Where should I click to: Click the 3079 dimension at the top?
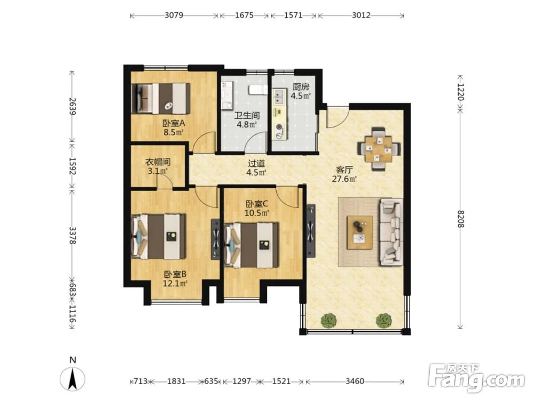[174, 15]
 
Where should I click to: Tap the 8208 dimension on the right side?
[460, 219]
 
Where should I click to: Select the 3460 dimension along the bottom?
[355, 381]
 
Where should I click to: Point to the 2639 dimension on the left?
[72, 106]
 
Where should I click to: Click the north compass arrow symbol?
[73, 379]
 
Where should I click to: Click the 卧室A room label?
[174, 123]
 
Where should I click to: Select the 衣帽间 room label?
[158, 162]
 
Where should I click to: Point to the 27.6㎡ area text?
[344, 179]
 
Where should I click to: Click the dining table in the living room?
[379, 149]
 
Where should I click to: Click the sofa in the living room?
[391, 232]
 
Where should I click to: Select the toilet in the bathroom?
[257, 90]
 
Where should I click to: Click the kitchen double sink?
[280, 97]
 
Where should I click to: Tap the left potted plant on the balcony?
[328, 321]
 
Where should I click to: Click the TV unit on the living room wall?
[311, 231]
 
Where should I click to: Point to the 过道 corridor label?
[256, 164]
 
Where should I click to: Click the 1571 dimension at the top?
[293, 15]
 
